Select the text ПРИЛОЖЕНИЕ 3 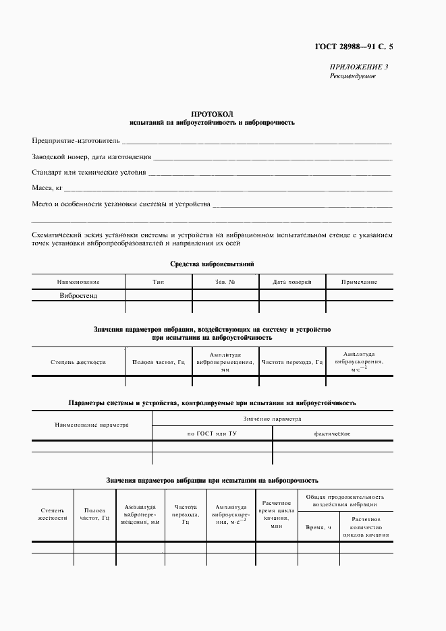coord(358,67)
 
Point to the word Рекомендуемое coord(352,76)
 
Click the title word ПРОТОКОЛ coord(212,115)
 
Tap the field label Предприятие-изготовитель coord(76,141)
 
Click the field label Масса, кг coord(48,187)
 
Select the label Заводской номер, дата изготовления coord(91,156)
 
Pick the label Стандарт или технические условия coord(89,172)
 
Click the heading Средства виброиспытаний coord(212,264)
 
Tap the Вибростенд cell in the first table coord(79,295)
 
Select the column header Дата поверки coord(291,282)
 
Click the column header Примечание coord(358,282)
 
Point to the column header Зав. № coord(225,282)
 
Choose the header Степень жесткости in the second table coord(78,362)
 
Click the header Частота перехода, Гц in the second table coord(292,362)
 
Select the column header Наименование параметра coord(92,425)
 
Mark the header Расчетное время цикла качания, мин coord(276,516)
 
